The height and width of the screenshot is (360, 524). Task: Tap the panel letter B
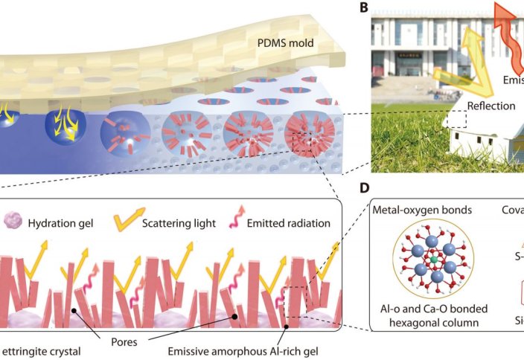coord(364,9)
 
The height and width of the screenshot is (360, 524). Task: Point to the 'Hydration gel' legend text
coord(63,221)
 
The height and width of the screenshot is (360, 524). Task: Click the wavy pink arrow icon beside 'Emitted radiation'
coord(242,219)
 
